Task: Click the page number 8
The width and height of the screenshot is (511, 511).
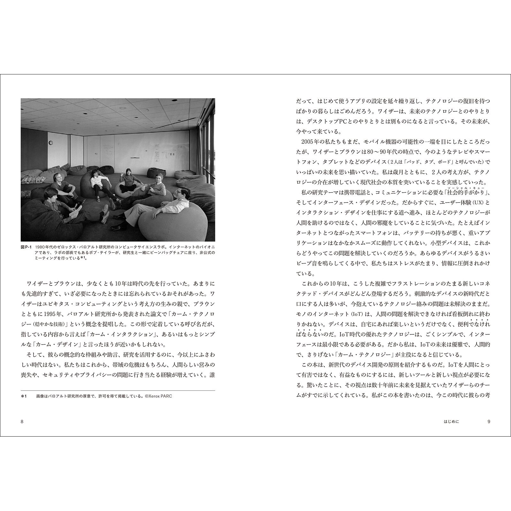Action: (x=22, y=421)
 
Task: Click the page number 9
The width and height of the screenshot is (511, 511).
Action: (x=489, y=421)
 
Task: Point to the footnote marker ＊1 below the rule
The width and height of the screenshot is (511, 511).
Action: (x=24, y=396)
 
